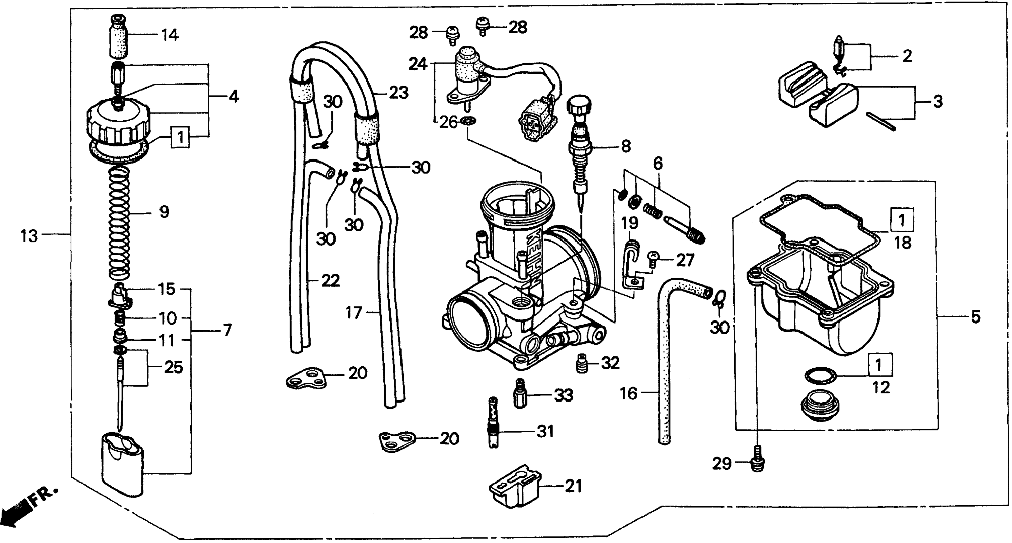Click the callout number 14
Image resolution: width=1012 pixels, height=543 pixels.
click(170, 35)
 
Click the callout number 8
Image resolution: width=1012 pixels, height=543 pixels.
click(625, 146)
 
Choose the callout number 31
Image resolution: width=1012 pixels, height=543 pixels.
click(545, 431)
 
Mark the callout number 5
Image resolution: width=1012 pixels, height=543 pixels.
click(976, 317)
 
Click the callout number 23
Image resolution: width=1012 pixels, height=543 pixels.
click(399, 93)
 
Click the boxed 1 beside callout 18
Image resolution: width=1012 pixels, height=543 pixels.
click(902, 220)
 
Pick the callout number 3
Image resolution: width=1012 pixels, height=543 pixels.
click(938, 102)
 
